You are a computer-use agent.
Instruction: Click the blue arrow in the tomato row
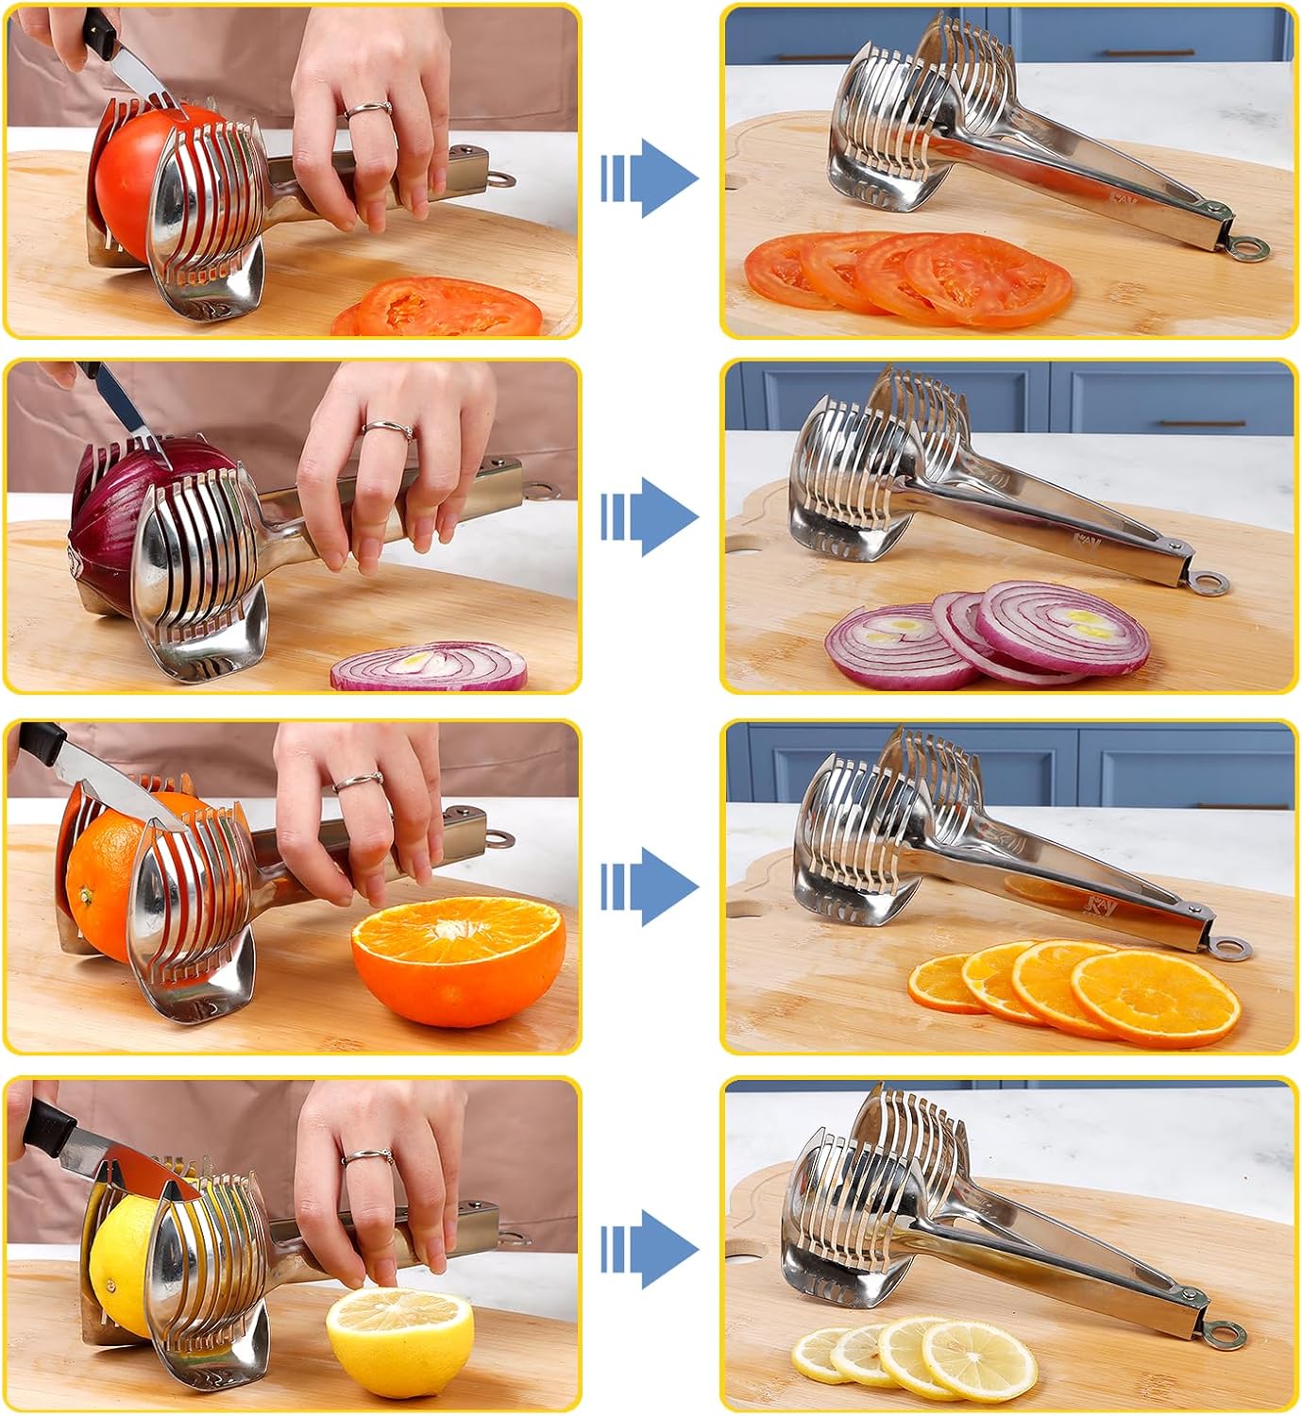click(651, 177)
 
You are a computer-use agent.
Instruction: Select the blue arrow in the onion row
click(651, 516)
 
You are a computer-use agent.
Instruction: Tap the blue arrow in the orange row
click(651, 885)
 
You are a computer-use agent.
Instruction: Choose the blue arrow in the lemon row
click(651, 1249)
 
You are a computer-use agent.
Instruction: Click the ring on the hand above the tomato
click(368, 110)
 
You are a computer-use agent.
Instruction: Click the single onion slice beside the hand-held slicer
click(430, 666)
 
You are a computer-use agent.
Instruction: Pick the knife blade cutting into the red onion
click(132, 415)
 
